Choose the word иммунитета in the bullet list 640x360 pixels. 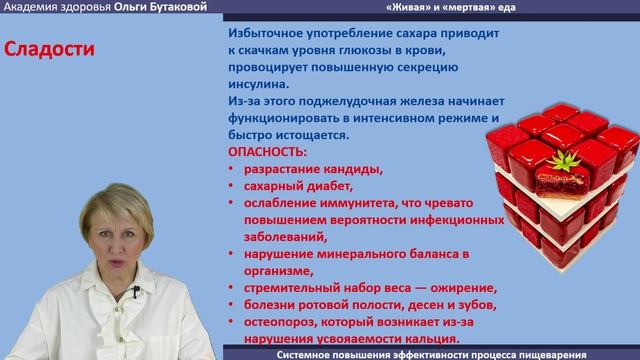342,203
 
